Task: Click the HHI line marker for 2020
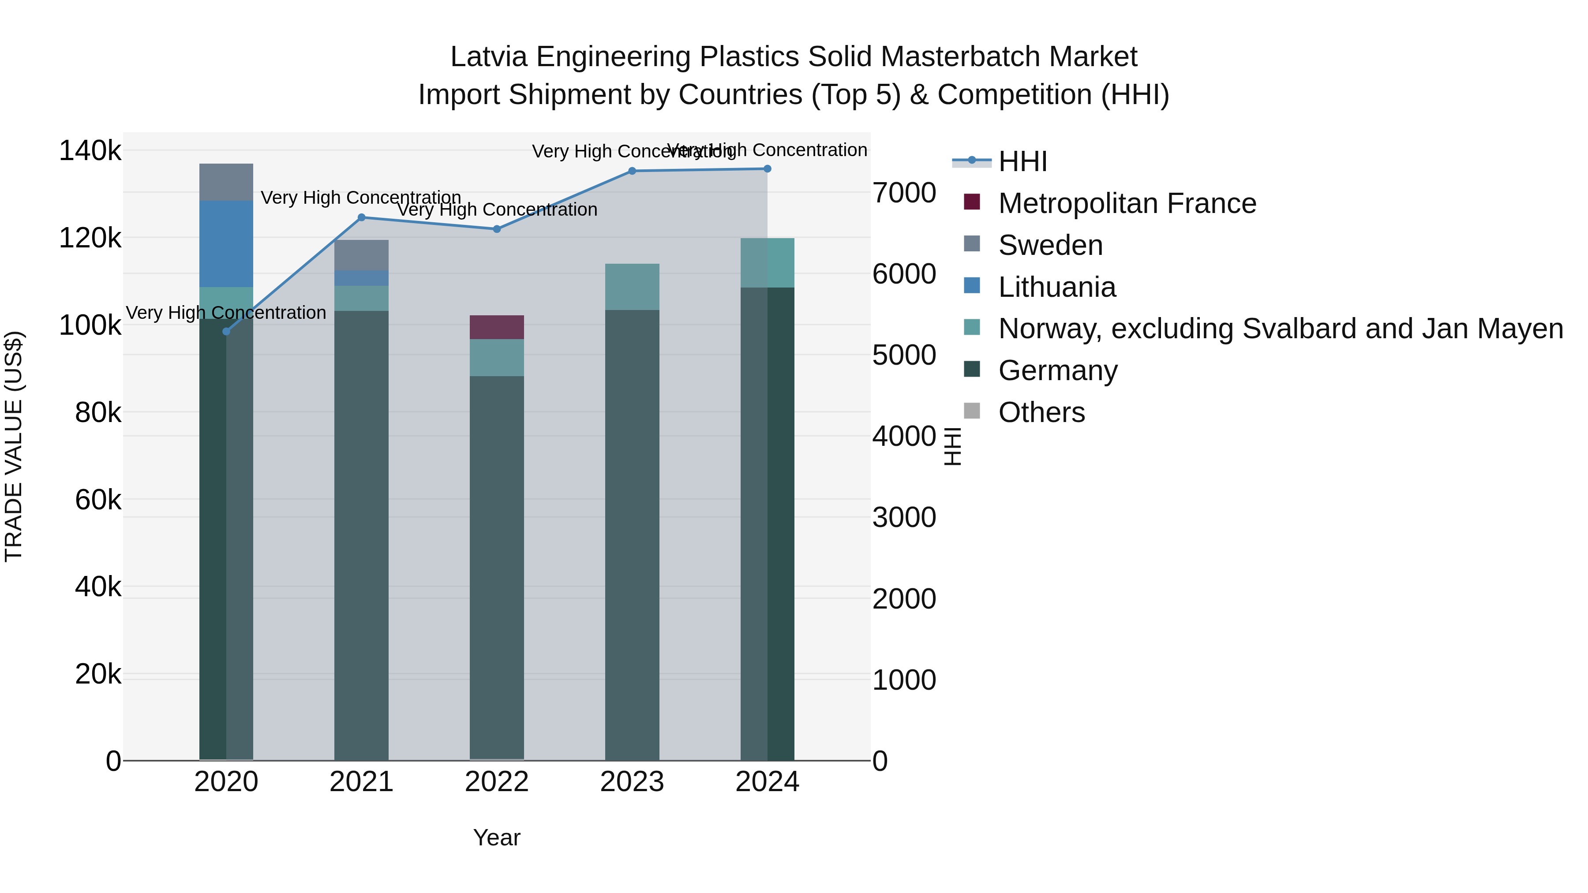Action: [x=226, y=332]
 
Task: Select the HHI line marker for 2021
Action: [x=362, y=217]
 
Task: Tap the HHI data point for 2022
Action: [x=497, y=229]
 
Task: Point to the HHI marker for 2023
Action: [x=632, y=172]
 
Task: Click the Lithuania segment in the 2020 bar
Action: [x=226, y=244]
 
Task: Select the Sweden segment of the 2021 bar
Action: [x=362, y=255]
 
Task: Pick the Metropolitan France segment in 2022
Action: [x=497, y=327]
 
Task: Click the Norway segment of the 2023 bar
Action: [x=632, y=287]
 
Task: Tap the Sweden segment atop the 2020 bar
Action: [x=226, y=183]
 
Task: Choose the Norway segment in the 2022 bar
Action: [x=497, y=358]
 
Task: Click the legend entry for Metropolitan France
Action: [x=1127, y=203]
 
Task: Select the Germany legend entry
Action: [x=1058, y=370]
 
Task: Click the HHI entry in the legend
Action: [x=1022, y=161]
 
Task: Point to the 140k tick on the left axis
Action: [x=90, y=151]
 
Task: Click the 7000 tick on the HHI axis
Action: [x=904, y=193]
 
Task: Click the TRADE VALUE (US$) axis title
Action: [x=14, y=446]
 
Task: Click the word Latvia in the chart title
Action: [x=488, y=57]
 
